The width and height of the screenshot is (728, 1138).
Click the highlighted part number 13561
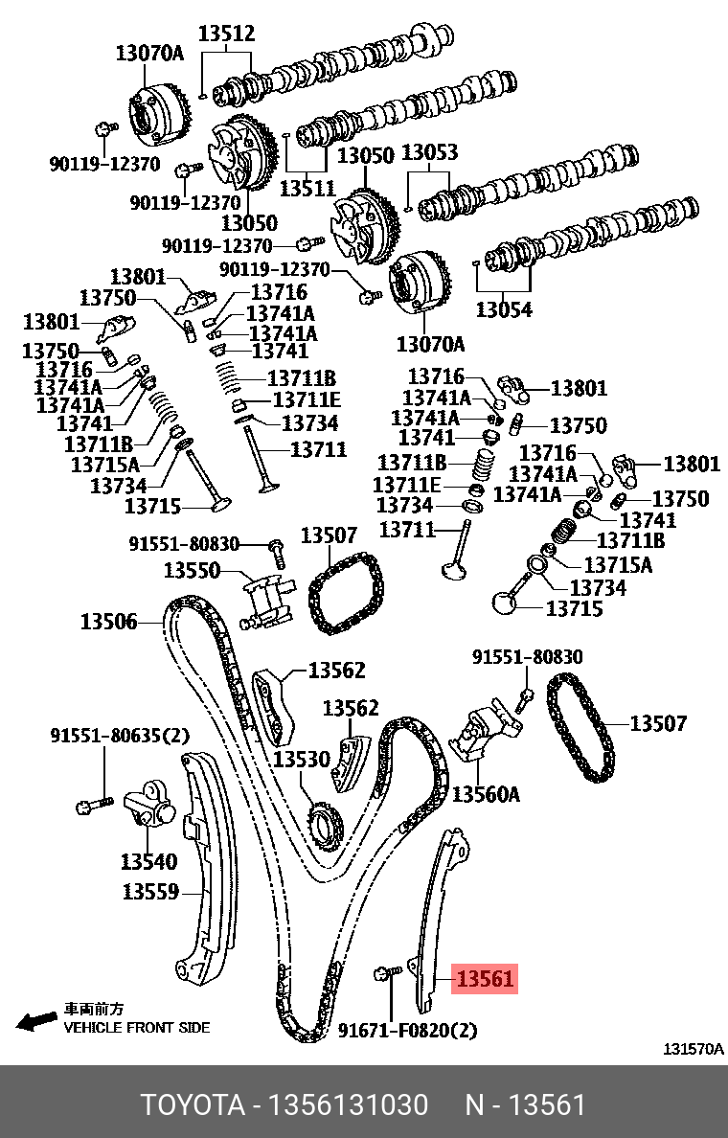(486, 979)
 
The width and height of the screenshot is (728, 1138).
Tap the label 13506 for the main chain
(108, 623)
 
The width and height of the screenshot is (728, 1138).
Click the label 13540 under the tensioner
(148, 861)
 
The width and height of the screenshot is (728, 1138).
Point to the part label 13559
(150, 892)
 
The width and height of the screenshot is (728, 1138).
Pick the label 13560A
(486, 794)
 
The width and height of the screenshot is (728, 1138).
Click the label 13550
(192, 571)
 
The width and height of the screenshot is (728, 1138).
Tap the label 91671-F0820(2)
(407, 1031)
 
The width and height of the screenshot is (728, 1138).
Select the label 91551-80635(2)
(120, 736)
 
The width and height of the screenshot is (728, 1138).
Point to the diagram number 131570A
(694, 1049)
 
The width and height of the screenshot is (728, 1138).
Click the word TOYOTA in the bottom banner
(193, 1105)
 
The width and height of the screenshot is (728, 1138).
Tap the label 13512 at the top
(227, 34)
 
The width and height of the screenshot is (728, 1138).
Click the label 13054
(504, 309)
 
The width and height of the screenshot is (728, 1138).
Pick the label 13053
(429, 153)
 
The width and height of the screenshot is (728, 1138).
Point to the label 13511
(307, 188)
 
